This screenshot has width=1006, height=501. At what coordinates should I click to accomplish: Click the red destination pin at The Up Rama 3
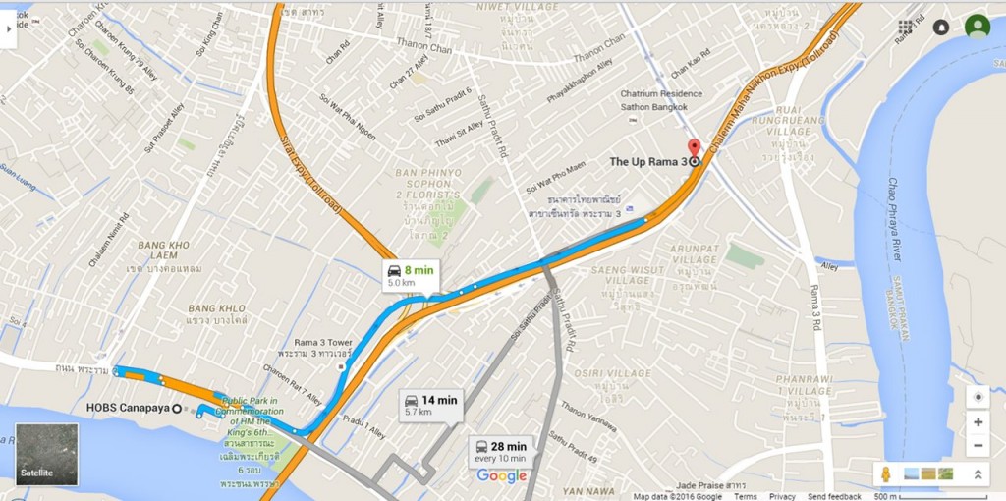coord(695,148)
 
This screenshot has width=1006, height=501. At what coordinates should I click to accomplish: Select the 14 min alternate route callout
coord(430,405)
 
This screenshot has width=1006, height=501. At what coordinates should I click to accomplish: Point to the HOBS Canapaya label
coord(127,409)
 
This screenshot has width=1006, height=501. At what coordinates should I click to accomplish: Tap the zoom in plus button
coord(978,422)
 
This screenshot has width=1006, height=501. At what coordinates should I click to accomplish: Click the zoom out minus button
coord(978,445)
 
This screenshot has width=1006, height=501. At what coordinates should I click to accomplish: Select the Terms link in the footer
coord(745,496)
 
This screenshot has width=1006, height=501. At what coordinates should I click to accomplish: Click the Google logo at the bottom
coord(501,476)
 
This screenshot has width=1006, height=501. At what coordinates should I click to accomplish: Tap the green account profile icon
coord(977,28)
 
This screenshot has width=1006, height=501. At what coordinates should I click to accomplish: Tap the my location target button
coord(978,396)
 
